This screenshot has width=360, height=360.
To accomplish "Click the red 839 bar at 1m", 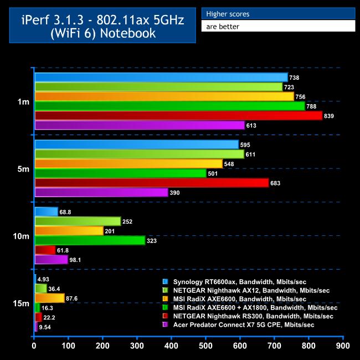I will [178, 116].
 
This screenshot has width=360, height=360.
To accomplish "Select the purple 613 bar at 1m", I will [140, 125].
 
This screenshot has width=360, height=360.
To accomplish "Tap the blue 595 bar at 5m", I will [136, 145].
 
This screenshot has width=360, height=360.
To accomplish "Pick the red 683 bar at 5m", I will [151, 183].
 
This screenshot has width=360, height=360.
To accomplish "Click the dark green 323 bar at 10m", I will [90, 240].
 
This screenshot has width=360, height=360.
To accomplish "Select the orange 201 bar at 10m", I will [69, 231].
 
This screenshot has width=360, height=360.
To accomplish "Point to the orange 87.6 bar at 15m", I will [49, 298].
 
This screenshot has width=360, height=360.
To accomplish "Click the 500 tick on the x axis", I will [206, 346].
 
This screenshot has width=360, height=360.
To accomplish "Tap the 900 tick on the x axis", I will [343, 346].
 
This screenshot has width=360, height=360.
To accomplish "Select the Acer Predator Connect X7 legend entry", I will [244, 325].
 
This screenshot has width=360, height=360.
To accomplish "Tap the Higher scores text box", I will [277, 13].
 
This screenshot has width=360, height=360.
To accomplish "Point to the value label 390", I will [178, 193].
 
